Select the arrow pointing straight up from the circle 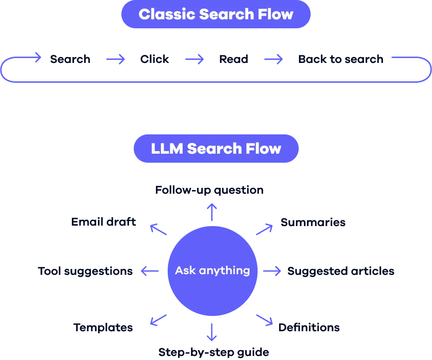point(212,212)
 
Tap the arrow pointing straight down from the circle point(212,331)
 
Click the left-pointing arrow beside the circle point(151,271)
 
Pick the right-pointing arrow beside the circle point(272,271)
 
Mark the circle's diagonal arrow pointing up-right point(264,229)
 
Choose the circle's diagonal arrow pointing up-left point(159,229)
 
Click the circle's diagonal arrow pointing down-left point(158,320)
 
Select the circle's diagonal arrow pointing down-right point(264,320)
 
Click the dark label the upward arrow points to point(210,189)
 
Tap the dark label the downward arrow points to point(214,353)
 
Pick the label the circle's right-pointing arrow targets point(341,271)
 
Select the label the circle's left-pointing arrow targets point(85,271)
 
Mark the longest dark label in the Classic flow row point(342,59)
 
